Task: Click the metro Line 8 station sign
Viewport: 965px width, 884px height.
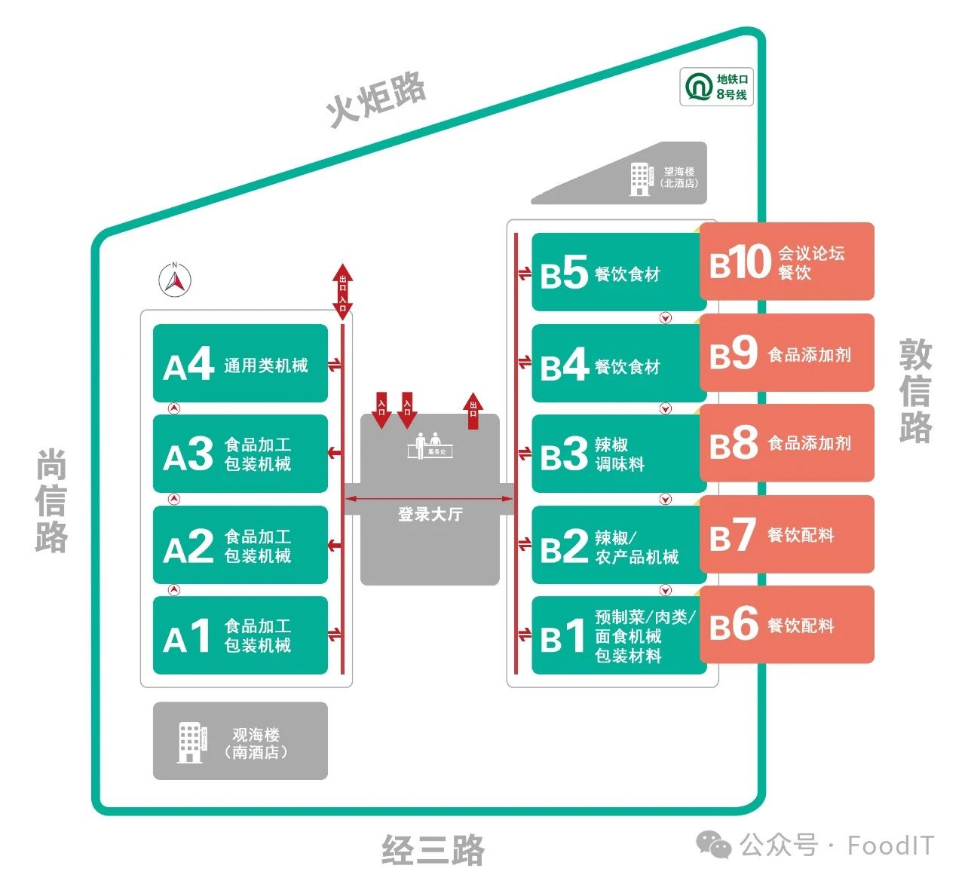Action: coord(716,87)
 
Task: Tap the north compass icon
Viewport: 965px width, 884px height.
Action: coord(175,280)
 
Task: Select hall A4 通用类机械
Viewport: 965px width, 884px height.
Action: coord(240,364)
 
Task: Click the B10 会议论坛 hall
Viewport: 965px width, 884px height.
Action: coord(786,262)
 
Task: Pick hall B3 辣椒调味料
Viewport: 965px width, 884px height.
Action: coord(618,454)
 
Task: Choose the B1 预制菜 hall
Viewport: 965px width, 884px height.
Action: coord(618,635)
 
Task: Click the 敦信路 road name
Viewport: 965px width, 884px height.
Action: coord(915,390)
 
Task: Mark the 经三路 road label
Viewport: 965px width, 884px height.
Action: coord(433,850)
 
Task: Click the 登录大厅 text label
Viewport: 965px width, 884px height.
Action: coord(430,515)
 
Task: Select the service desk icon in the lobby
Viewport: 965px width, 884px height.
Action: coord(430,445)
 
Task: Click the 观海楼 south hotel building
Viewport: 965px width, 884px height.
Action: coord(240,741)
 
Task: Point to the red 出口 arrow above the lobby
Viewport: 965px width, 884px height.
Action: coord(473,411)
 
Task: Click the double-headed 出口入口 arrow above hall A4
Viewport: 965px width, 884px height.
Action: coord(343,291)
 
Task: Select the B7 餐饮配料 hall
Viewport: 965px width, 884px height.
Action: coord(786,534)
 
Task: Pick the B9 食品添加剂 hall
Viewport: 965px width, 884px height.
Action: coord(786,353)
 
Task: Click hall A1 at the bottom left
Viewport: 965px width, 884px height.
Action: coord(240,635)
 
